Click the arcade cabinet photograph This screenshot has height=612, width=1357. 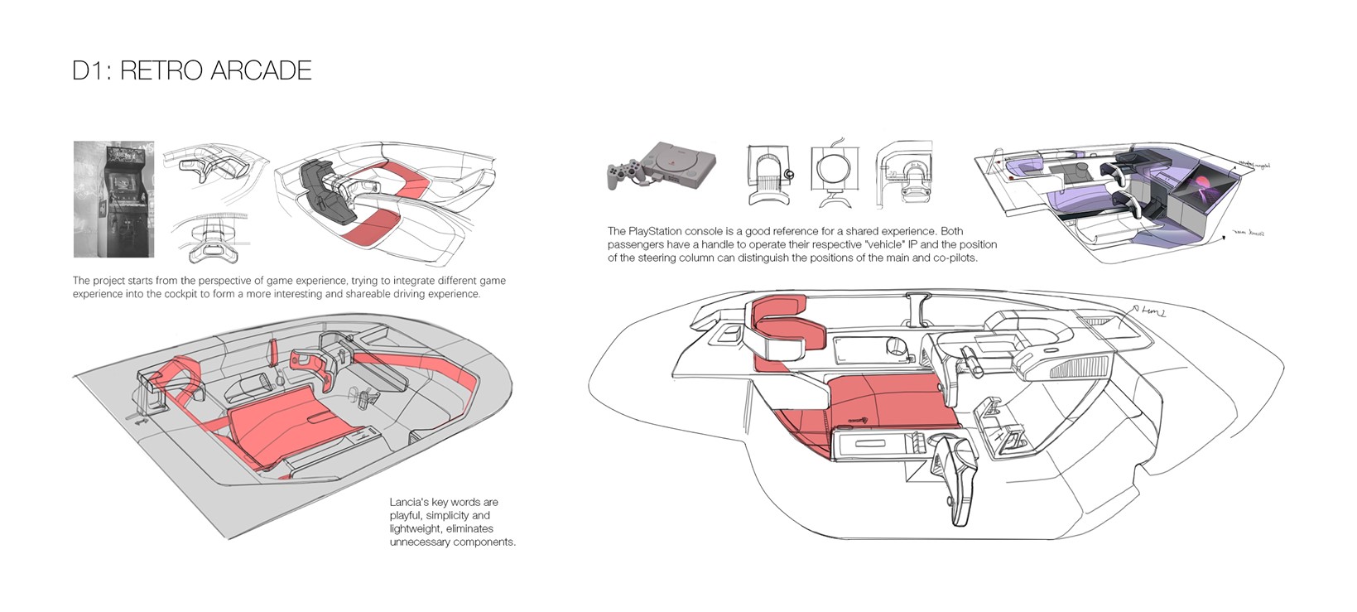click(113, 199)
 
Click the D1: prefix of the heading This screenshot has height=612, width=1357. click(92, 70)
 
